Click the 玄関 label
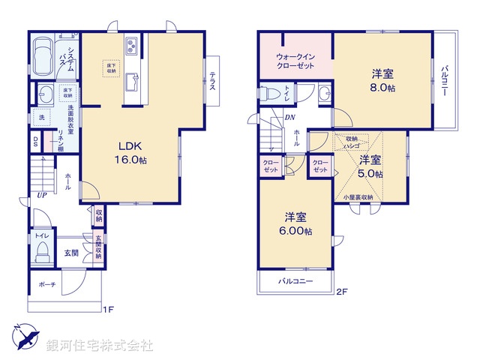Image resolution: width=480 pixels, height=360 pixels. tap(71, 253)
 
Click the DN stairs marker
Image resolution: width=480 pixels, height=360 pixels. tap(289, 118)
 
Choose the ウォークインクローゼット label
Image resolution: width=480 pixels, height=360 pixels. tap(295, 60)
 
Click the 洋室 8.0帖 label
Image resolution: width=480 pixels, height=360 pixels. tap(383, 80)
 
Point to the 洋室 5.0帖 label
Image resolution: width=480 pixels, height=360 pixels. tap(369, 166)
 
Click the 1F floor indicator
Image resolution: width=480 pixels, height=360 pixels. tap(108, 307)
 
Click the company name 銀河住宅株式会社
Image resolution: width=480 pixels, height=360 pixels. tap(99, 345)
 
